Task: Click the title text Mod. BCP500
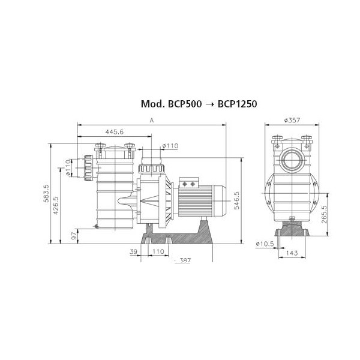[x=171, y=104]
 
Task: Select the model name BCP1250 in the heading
[x=238, y=104]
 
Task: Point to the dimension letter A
[x=152, y=121]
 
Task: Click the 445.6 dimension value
[x=115, y=132]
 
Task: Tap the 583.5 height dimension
[x=46, y=193]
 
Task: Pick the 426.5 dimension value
[x=56, y=205]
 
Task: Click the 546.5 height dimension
[x=236, y=200]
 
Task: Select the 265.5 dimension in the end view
[x=324, y=214]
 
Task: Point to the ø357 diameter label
[x=292, y=120]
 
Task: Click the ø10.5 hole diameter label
[x=265, y=244]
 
